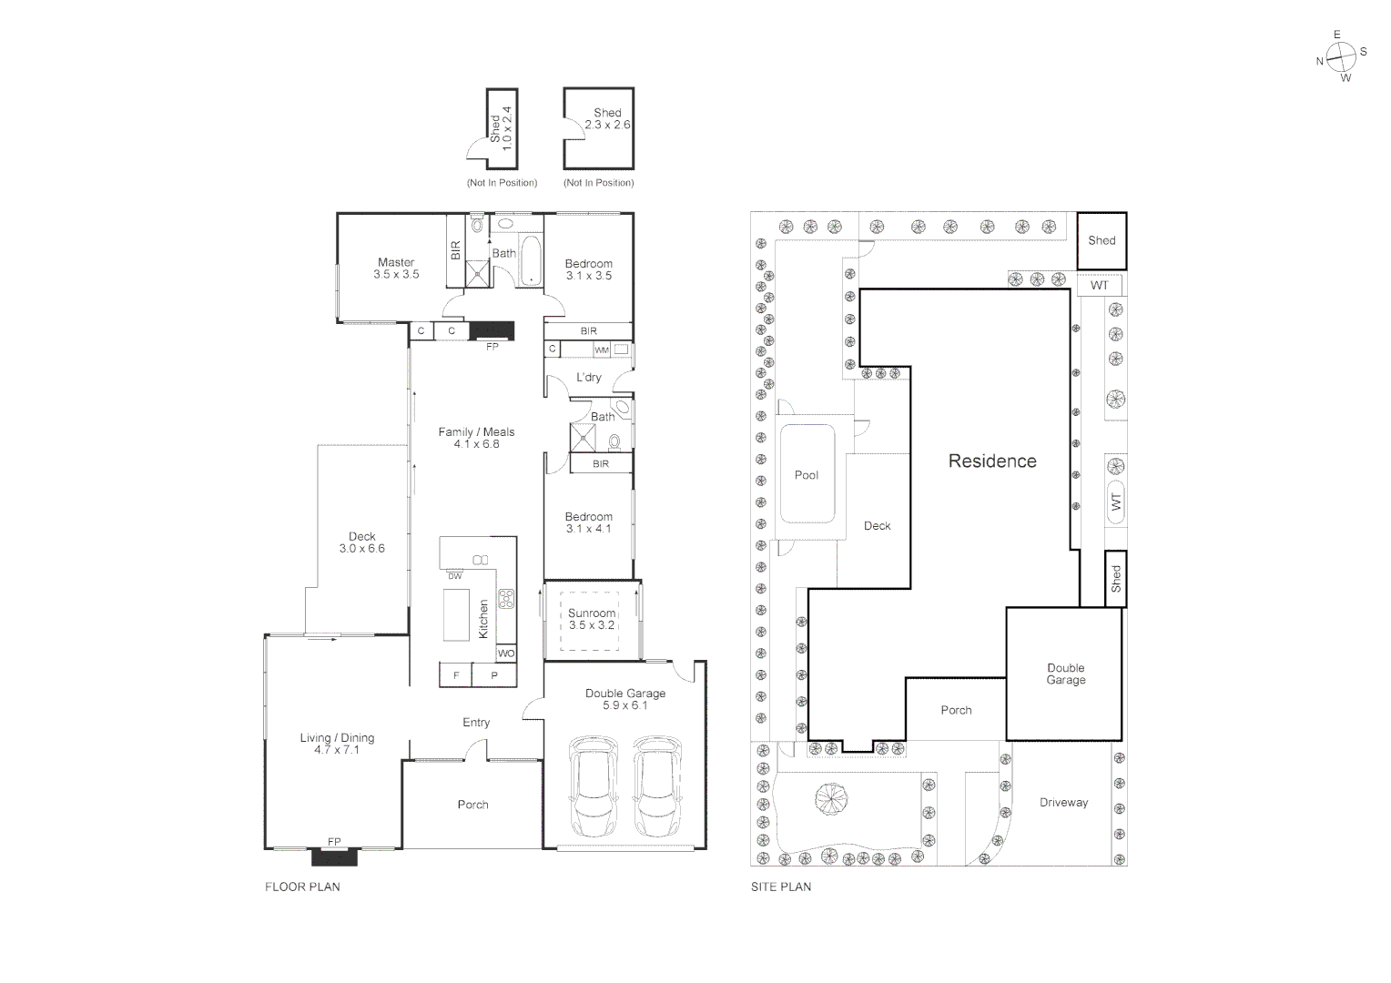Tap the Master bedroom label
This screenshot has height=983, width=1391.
(396, 268)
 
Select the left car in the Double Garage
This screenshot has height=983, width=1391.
(593, 787)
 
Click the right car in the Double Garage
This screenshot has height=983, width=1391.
(656, 787)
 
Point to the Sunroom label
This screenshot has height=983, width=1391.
(592, 619)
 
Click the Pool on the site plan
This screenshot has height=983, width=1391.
(807, 473)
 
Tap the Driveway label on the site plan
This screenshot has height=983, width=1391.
(1063, 803)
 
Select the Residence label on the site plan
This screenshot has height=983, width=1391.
(992, 461)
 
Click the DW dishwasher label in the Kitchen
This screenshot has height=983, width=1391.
(454, 575)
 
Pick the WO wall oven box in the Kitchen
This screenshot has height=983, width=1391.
(506, 654)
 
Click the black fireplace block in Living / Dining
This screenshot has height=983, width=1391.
(335, 856)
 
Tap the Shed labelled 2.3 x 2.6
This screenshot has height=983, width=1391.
(598, 128)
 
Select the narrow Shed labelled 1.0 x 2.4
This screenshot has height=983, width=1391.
(502, 128)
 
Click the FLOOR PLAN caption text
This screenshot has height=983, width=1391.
(302, 887)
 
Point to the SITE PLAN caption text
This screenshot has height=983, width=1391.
(780, 887)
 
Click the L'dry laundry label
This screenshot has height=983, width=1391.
(588, 377)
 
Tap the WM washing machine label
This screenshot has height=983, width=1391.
(601, 350)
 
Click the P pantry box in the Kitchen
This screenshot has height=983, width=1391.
(494, 675)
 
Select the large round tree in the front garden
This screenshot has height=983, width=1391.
(830, 801)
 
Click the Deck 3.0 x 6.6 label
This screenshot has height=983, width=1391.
(361, 542)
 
